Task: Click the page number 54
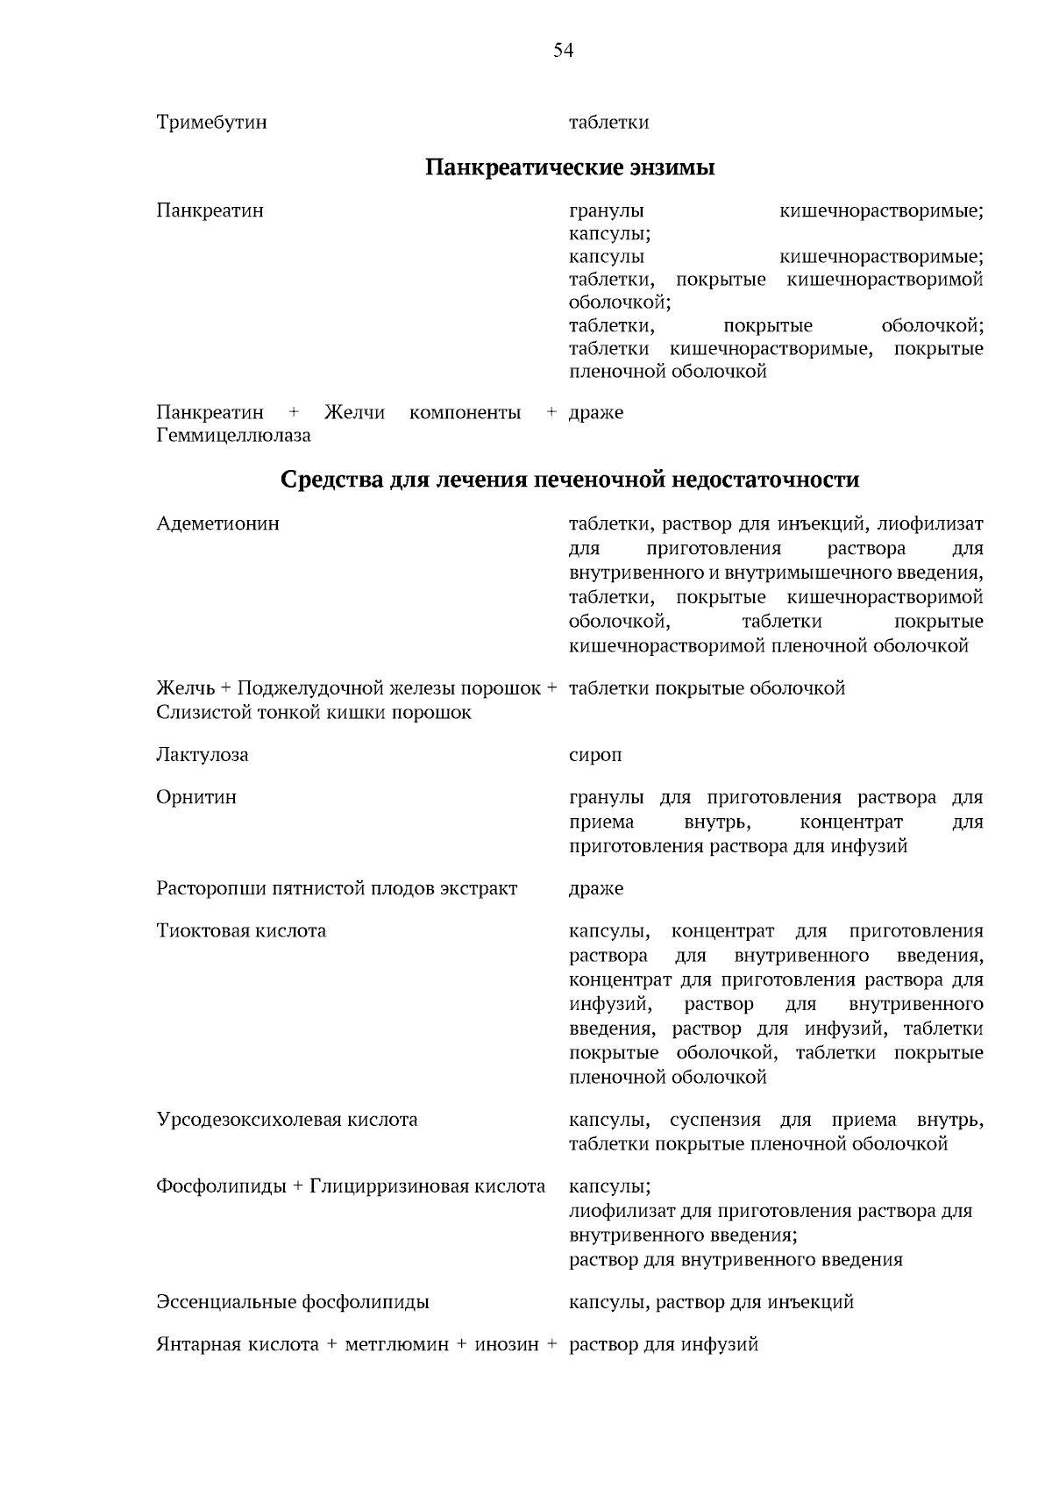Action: click(x=563, y=51)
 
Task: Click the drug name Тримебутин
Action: click(x=211, y=123)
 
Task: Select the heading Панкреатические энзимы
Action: click(x=570, y=167)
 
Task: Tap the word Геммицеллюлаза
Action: click(x=233, y=436)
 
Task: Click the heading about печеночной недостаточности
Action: click(x=570, y=480)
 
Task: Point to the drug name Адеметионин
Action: click(x=217, y=523)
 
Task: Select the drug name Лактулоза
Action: click(x=202, y=755)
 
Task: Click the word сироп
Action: click(x=595, y=755)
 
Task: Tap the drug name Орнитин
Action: click(x=196, y=798)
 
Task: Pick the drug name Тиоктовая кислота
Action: click(x=241, y=931)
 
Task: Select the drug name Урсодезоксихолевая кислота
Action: click(x=287, y=1120)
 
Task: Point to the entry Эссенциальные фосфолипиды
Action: click(x=293, y=1302)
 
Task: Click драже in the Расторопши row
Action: click(x=596, y=889)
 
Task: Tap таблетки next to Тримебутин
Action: click(x=608, y=123)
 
